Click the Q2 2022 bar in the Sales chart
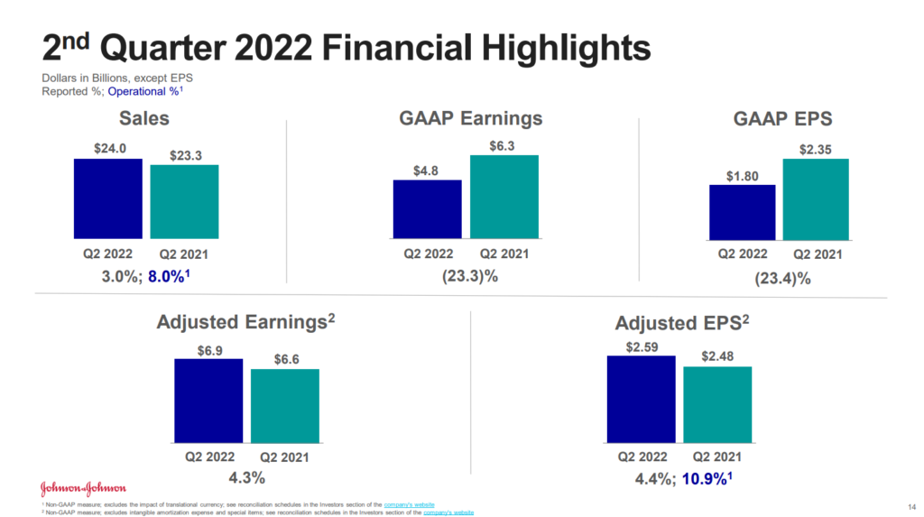pyautogui.click(x=108, y=197)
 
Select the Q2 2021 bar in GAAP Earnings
pyautogui.click(x=504, y=196)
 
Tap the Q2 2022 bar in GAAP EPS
pyautogui.click(x=743, y=212)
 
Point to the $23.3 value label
pyautogui.click(x=185, y=155)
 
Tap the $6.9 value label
pyautogui.click(x=208, y=348)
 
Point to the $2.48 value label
pyautogui.click(x=717, y=355)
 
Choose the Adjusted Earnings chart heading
pyautogui.click(x=246, y=321)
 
